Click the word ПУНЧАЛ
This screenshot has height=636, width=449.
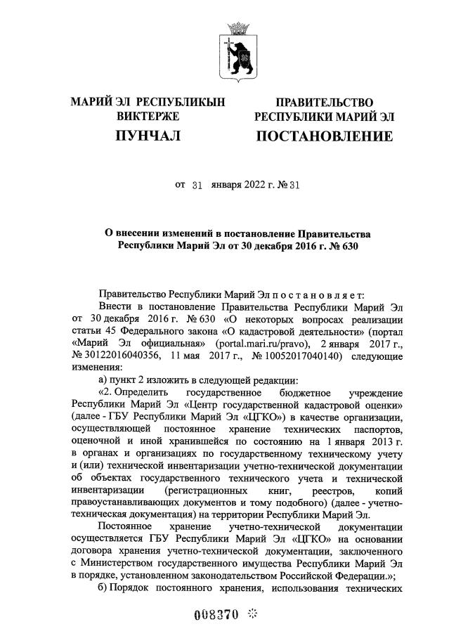tap(148, 135)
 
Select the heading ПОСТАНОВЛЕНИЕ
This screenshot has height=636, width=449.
tap(324, 136)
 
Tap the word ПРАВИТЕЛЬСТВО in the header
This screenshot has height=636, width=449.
tap(324, 103)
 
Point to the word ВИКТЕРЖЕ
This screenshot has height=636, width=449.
tap(148, 117)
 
